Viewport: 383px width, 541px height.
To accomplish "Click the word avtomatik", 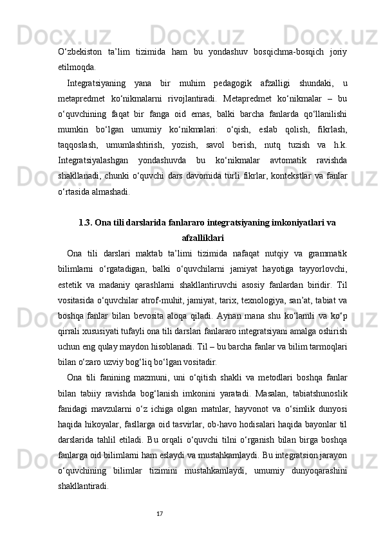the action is click(263, 160).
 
